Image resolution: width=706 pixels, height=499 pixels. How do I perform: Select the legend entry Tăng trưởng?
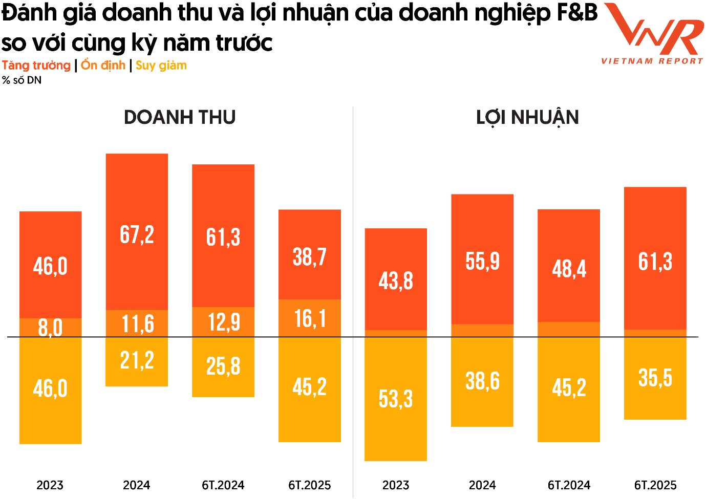pos(36,66)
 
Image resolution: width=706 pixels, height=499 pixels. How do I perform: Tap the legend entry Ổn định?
pos(103,66)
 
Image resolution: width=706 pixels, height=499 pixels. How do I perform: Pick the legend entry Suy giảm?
pos(161,66)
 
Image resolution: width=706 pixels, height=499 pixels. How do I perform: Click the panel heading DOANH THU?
pos(180,117)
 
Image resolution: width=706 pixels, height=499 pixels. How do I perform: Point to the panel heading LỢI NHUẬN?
pos(527,117)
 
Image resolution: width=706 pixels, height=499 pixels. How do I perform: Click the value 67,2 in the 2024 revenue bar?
pos(137,234)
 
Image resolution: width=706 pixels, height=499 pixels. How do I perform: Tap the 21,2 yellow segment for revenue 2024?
pos(137,360)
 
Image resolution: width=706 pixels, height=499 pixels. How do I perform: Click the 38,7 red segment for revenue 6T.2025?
pos(310,256)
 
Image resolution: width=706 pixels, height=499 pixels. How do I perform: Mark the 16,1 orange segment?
pos(310,318)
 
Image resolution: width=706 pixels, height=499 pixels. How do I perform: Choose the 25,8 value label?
pos(223,366)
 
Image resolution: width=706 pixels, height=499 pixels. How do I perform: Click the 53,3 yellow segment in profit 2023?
pos(396,399)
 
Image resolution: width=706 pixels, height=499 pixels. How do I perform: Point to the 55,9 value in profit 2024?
pos(482,261)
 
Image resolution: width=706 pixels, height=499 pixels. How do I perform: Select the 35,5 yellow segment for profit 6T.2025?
pos(655,378)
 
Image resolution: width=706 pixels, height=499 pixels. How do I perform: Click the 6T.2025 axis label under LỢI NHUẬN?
pos(655,485)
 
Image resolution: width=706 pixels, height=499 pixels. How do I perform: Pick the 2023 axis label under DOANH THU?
pos(50,485)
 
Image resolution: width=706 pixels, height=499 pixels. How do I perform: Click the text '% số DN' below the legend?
pos(22,80)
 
